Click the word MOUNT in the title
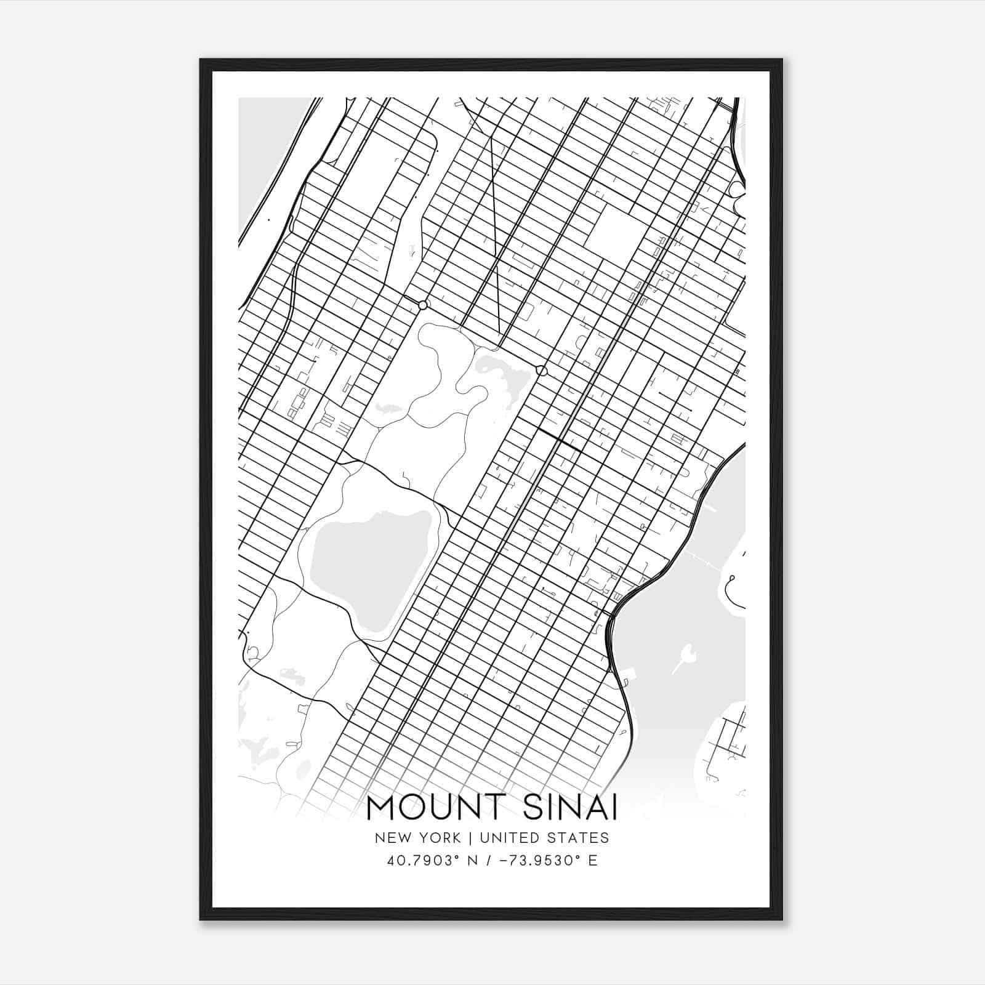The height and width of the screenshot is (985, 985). pyautogui.click(x=431, y=808)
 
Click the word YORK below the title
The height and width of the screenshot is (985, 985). pyautogui.click(x=439, y=838)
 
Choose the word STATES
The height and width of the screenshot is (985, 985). pyautogui.click(x=581, y=838)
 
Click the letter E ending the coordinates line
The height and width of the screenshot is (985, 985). pyautogui.click(x=593, y=861)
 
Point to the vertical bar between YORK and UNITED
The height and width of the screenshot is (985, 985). pyautogui.click(x=470, y=838)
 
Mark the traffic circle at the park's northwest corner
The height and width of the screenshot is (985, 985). pyautogui.click(x=422, y=305)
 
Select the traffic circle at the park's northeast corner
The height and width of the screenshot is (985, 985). pyautogui.click(x=541, y=371)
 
